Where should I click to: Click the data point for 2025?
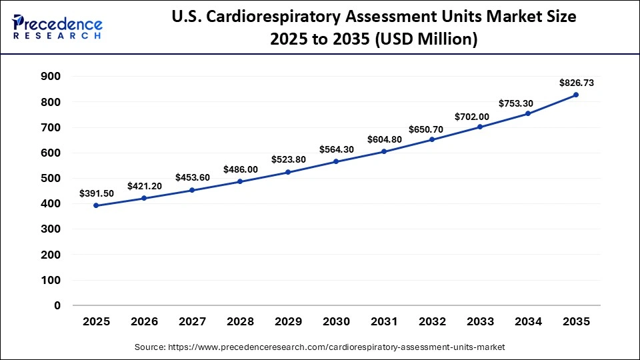(97, 205)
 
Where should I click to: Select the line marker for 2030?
(336, 161)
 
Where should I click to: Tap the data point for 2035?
(576, 95)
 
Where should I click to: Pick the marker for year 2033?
(480, 127)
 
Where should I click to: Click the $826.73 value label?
(576, 83)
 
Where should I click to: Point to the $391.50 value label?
(97, 193)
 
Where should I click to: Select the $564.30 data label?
(336, 149)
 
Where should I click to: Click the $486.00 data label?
(240, 169)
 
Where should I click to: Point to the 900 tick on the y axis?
(51, 77)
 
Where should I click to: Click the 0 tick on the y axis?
(57, 305)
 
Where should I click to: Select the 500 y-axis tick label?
(51, 178)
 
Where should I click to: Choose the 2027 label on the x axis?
(193, 321)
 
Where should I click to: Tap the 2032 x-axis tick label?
(432, 321)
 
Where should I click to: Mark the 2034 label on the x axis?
(528, 321)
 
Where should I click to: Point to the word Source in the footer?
(151, 347)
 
